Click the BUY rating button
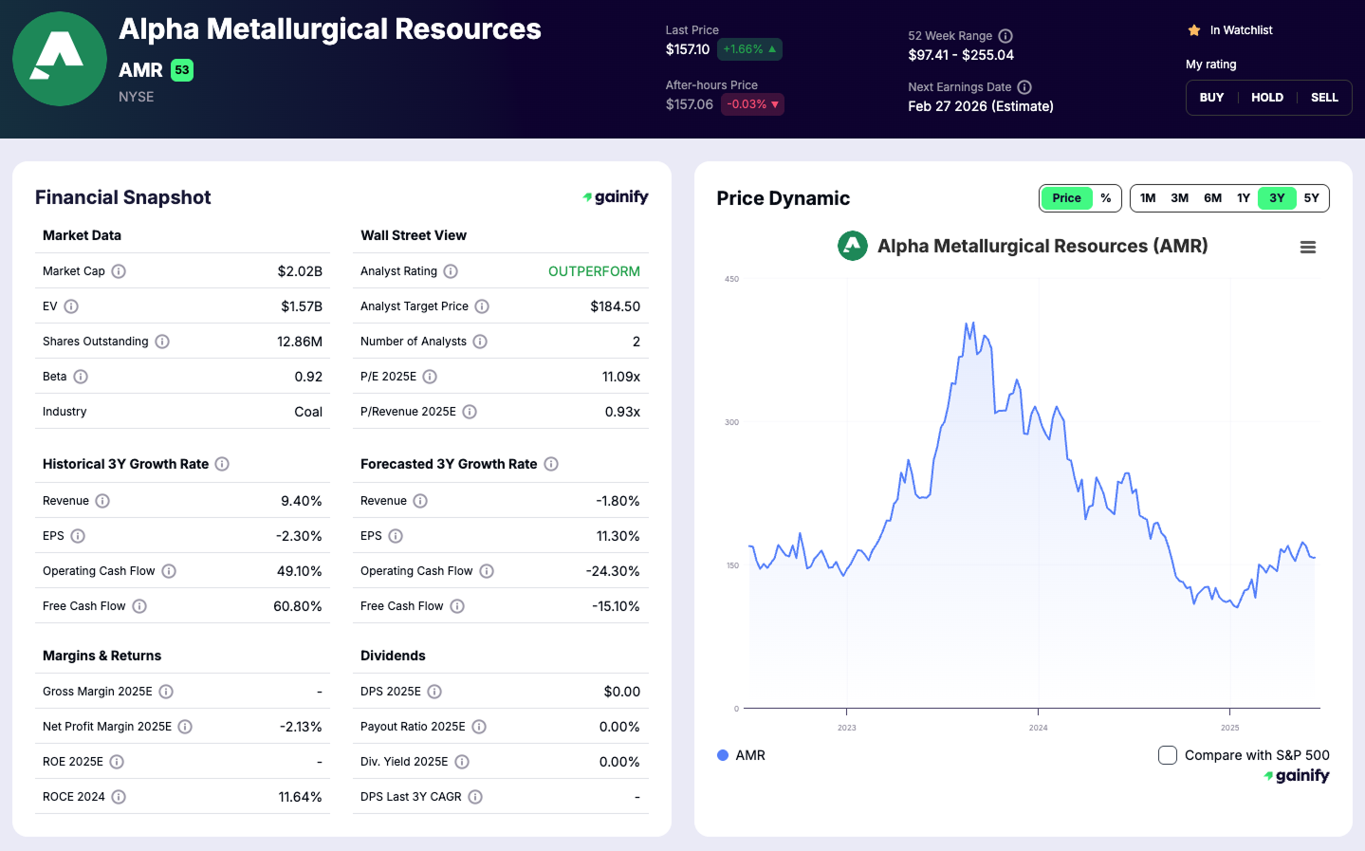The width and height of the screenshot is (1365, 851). [1211, 98]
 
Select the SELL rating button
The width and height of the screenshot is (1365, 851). [1324, 98]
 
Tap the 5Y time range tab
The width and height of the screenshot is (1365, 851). [1311, 198]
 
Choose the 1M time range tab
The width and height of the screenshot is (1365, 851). [1148, 198]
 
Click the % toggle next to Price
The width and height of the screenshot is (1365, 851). [1105, 198]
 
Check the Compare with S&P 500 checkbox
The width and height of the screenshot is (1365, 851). [1168, 755]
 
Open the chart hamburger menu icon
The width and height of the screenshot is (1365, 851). [1307, 248]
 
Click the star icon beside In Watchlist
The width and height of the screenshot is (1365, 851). [1194, 30]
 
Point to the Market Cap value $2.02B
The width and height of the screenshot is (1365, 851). [300, 271]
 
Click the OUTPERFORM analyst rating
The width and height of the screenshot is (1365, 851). [594, 271]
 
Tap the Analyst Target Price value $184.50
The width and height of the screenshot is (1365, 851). [615, 306]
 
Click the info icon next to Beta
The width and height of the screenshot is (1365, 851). [81, 377]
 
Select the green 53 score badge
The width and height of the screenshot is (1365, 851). [182, 70]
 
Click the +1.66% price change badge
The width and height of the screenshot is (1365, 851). [749, 49]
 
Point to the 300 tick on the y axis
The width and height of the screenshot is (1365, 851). [731, 422]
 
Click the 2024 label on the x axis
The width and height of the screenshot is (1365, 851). [1038, 728]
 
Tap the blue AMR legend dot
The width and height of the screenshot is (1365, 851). [723, 755]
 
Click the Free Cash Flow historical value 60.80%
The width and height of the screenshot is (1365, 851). [298, 606]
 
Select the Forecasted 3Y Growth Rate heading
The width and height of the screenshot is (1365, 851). [449, 464]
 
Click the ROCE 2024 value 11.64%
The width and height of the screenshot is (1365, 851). [300, 797]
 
